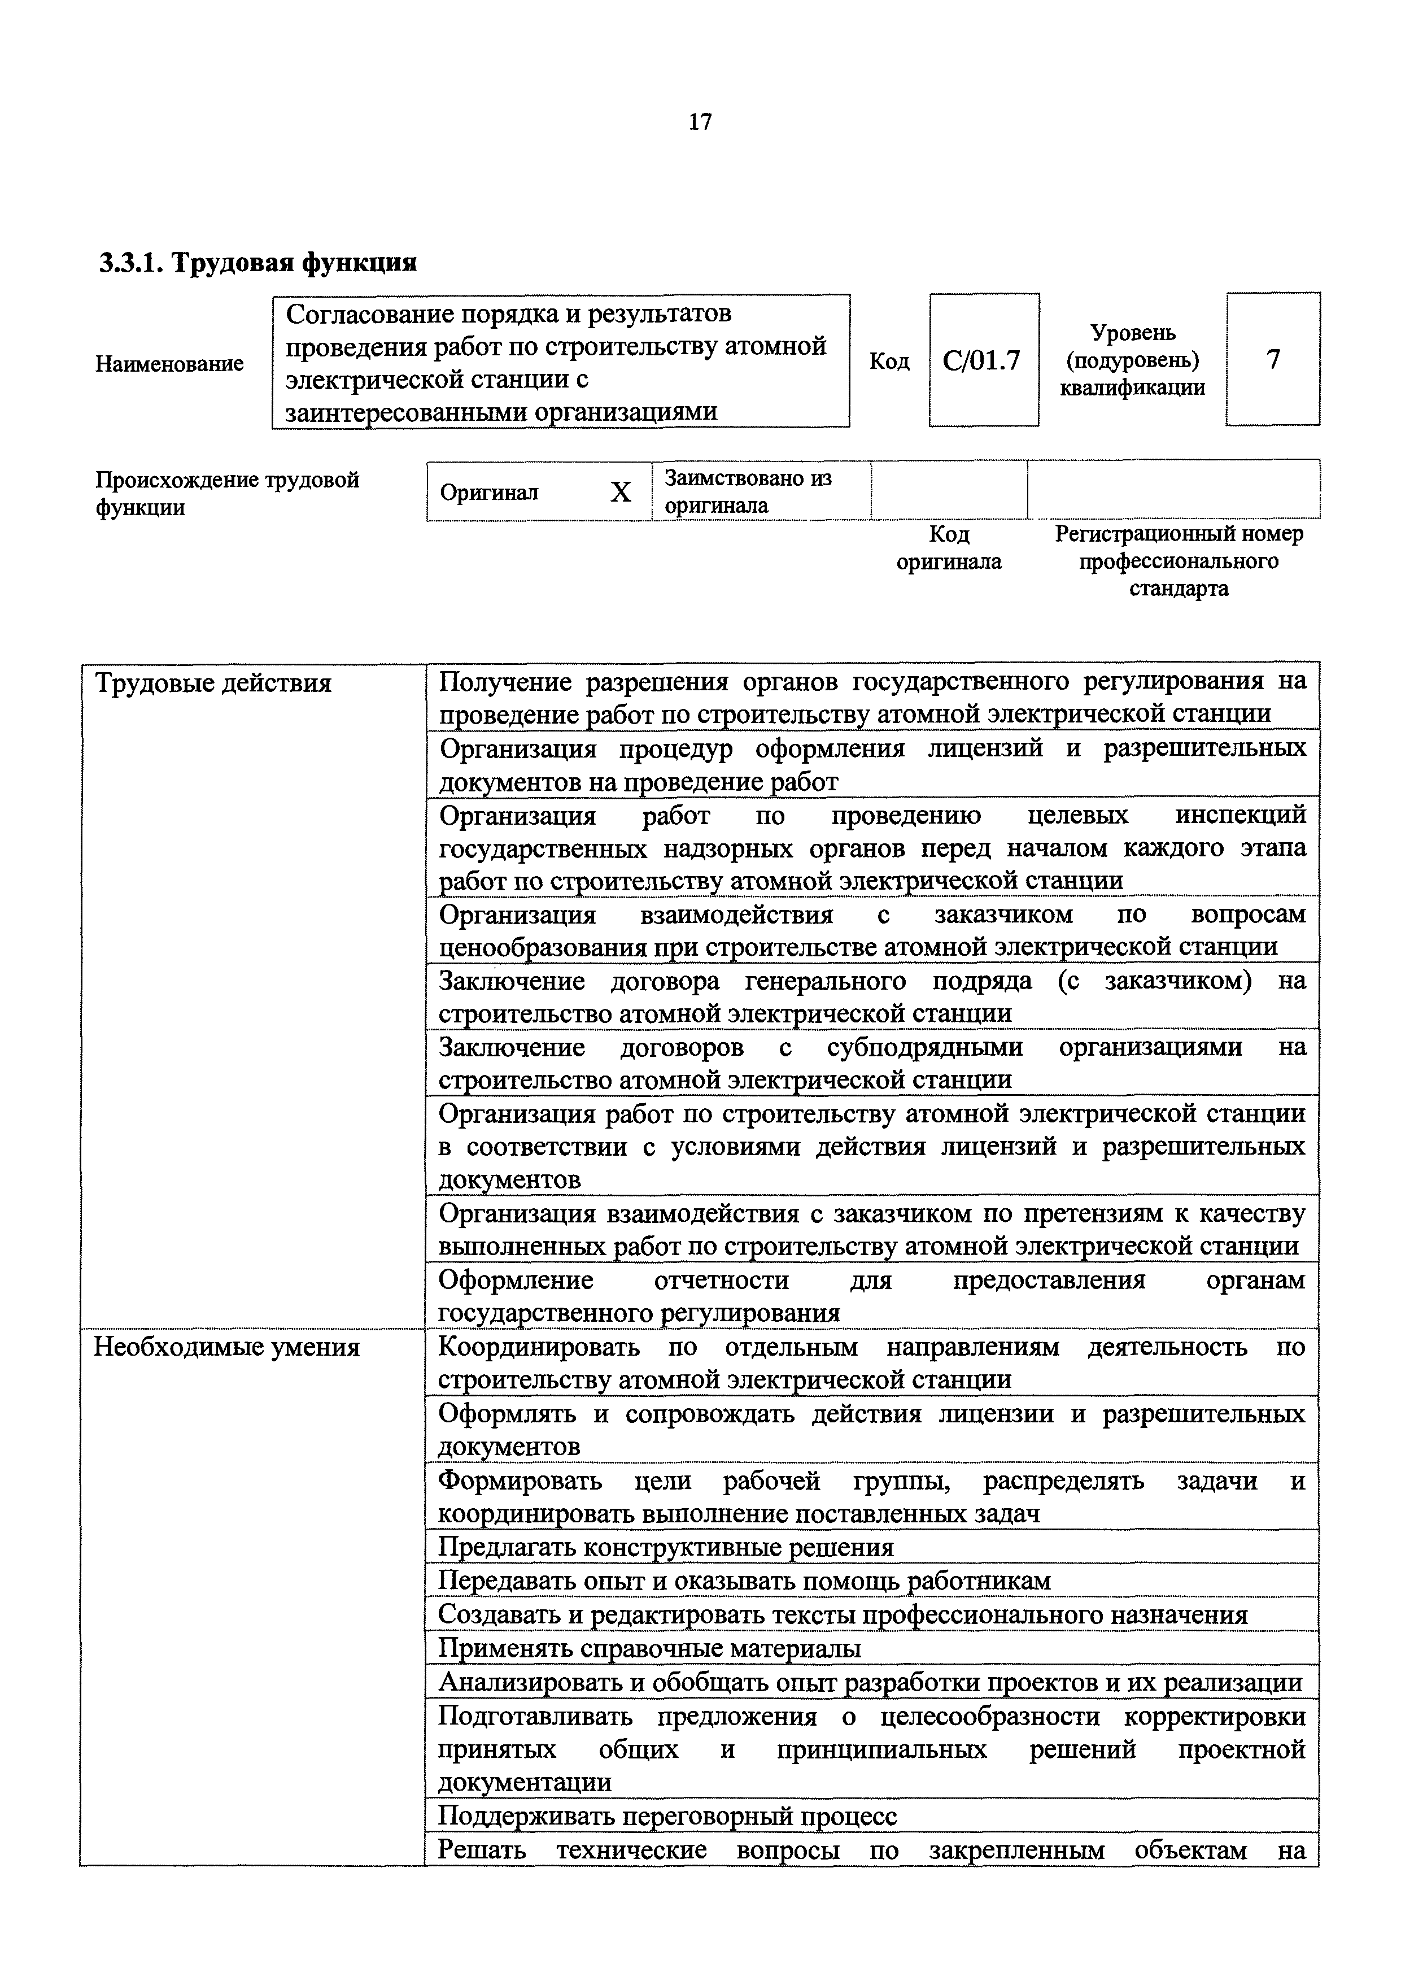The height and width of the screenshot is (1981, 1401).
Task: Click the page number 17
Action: tap(700, 123)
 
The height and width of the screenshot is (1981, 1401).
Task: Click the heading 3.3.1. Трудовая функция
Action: tap(257, 262)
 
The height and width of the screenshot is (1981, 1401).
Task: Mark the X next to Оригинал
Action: tap(620, 493)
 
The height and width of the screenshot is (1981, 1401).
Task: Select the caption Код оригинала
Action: tap(949, 548)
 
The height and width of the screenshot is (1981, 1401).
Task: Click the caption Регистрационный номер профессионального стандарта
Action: tap(1179, 561)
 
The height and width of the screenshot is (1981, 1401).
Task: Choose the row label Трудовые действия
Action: tap(213, 683)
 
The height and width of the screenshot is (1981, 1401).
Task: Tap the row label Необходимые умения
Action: tap(226, 1347)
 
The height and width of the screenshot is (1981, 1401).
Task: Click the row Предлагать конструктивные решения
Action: tap(666, 1547)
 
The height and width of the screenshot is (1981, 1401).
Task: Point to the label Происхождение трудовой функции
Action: tap(227, 493)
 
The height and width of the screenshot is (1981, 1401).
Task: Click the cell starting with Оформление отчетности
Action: tap(871, 1296)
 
